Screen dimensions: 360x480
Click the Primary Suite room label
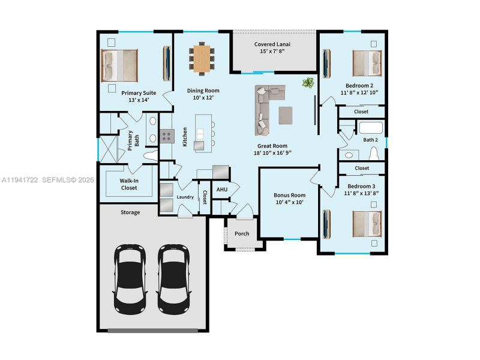click(x=139, y=93)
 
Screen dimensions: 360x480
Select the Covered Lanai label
click(x=273, y=44)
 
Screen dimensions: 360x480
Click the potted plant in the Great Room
click(x=308, y=83)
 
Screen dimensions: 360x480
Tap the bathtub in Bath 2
click(x=370, y=128)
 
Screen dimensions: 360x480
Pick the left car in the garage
click(x=130, y=277)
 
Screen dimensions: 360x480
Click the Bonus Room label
click(x=289, y=195)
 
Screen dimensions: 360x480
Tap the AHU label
click(x=222, y=190)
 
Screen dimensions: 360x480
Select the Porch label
click(x=242, y=233)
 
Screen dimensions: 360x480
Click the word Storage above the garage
click(x=130, y=212)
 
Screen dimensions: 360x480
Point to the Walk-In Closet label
click(x=128, y=184)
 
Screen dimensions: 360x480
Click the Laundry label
click(x=185, y=197)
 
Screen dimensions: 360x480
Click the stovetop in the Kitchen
click(x=167, y=137)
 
